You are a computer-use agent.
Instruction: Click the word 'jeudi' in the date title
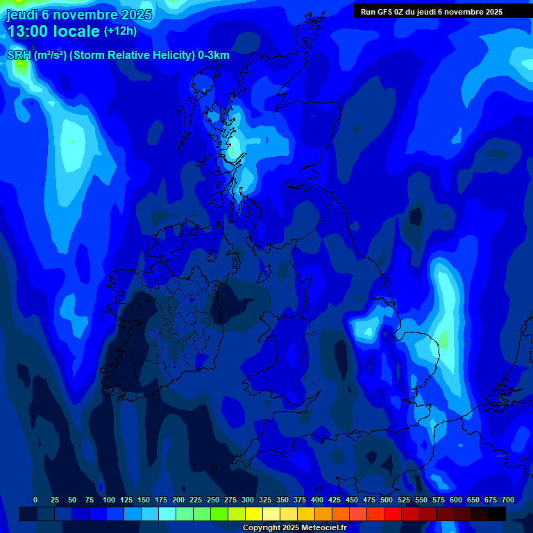pyautogui.click(x=22, y=15)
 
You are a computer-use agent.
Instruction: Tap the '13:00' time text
pyautogui.click(x=28, y=31)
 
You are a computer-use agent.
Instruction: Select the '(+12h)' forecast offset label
pyautogui.click(x=120, y=31)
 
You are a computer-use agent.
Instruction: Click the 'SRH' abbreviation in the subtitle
pyautogui.click(x=19, y=56)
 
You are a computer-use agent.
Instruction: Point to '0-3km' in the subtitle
pyautogui.click(x=214, y=56)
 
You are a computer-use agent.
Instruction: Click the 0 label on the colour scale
pyautogui.click(x=35, y=500)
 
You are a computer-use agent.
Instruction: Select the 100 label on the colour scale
pyautogui.click(x=109, y=500)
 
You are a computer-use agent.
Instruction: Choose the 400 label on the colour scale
pyautogui.click(x=317, y=500)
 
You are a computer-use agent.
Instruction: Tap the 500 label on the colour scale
pyautogui.click(x=387, y=500)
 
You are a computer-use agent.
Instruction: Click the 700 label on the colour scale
pyautogui.click(x=508, y=500)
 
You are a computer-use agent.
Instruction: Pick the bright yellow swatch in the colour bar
pyautogui.click(x=254, y=514)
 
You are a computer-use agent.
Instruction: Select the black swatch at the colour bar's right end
pyautogui.click(x=497, y=514)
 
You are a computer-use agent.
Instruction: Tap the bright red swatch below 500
pyautogui.click(x=393, y=514)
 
